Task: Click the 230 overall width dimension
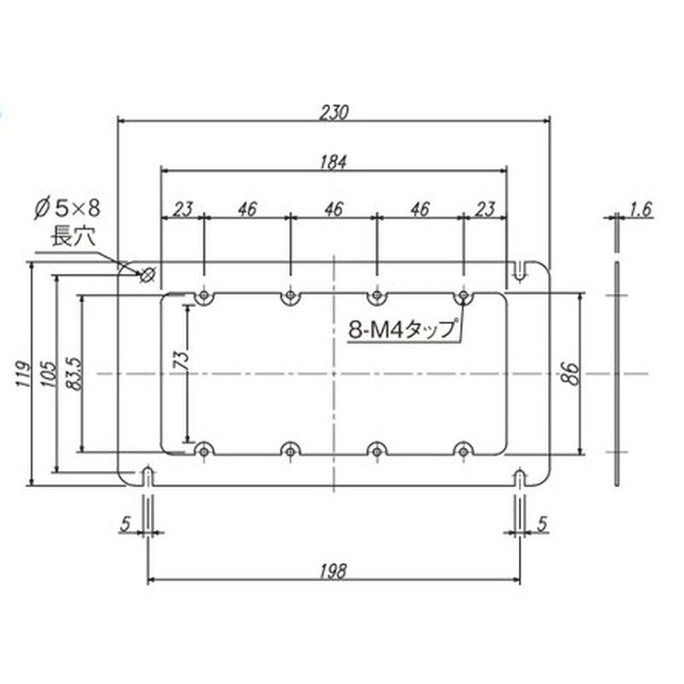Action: (333, 112)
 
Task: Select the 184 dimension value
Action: (333, 162)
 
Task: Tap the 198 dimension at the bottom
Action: (333, 571)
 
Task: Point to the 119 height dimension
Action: (24, 374)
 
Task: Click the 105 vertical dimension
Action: (49, 374)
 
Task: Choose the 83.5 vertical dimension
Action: (74, 374)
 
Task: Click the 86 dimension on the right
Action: (571, 374)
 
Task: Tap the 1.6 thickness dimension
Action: (640, 209)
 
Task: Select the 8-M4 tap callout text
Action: (401, 330)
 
